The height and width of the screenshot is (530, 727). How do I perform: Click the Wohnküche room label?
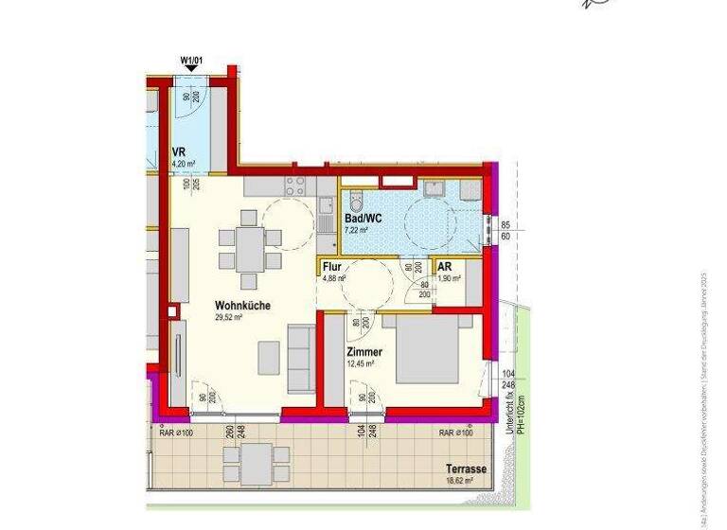click(243, 306)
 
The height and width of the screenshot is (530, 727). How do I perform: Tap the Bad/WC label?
click(363, 218)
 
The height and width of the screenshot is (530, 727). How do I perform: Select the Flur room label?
click(331, 267)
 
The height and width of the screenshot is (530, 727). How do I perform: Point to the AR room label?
click(444, 267)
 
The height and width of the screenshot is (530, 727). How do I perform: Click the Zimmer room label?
click(363, 352)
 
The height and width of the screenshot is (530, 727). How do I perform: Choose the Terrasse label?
click(466, 468)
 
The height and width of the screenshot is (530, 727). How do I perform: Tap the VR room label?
click(178, 151)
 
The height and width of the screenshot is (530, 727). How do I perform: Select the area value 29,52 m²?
click(230, 318)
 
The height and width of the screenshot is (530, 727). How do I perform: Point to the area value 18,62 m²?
click(459, 481)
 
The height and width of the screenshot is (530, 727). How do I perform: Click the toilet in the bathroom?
click(355, 202)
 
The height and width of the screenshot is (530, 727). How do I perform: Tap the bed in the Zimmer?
click(432, 349)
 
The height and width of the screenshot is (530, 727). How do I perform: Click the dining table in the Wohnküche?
click(248, 249)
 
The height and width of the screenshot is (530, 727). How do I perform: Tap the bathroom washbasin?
click(436, 189)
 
